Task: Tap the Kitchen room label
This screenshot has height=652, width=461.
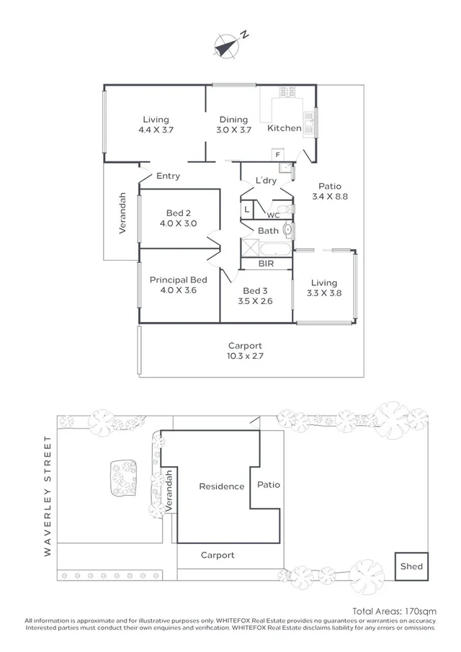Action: click(285, 128)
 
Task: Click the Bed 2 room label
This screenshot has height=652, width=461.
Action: click(178, 218)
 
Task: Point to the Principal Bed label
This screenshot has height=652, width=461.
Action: click(178, 285)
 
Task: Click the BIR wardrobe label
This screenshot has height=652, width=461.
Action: click(266, 264)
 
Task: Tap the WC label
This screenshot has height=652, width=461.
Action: click(273, 215)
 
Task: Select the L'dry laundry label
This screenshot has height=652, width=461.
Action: click(266, 181)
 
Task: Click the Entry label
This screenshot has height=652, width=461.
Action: click(168, 176)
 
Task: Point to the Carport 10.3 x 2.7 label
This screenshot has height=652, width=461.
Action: click(245, 351)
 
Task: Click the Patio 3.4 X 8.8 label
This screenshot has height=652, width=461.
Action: click(330, 191)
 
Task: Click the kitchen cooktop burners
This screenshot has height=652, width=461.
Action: click(287, 91)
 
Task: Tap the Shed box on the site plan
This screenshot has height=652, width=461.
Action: click(411, 566)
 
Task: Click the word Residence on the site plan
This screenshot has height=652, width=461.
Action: click(221, 486)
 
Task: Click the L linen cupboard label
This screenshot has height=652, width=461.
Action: click(246, 209)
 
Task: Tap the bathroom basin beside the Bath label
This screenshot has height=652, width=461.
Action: click(287, 231)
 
